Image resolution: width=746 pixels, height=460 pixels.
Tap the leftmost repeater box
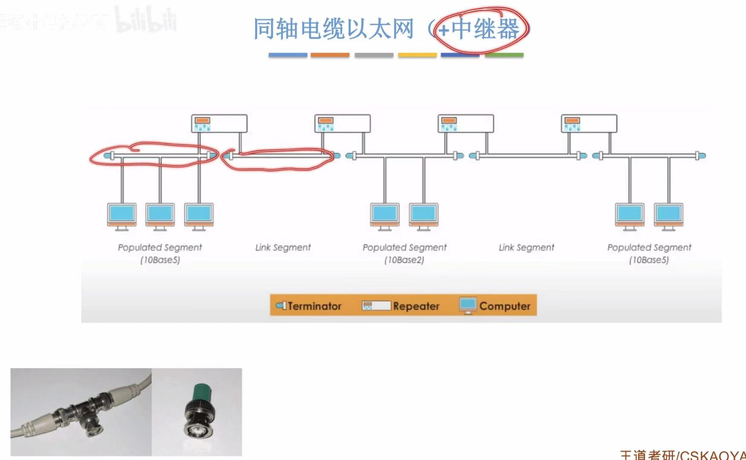click(219, 124)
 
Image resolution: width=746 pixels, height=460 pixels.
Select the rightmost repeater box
click(589, 124)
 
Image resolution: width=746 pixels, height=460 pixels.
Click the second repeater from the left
click(342, 124)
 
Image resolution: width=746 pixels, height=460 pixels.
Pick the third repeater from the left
click(466, 124)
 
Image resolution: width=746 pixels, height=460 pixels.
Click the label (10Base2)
click(404, 260)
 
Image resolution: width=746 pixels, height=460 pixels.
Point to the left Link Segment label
click(283, 247)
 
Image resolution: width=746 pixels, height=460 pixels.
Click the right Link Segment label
click(526, 247)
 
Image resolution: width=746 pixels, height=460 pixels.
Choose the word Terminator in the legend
click(315, 306)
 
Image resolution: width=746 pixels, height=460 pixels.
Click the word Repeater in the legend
click(416, 306)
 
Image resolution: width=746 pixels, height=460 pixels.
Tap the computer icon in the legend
click(468, 305)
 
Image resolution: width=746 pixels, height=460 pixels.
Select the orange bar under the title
click(330, 55)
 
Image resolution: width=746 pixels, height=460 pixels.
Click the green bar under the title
click(504, 55)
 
